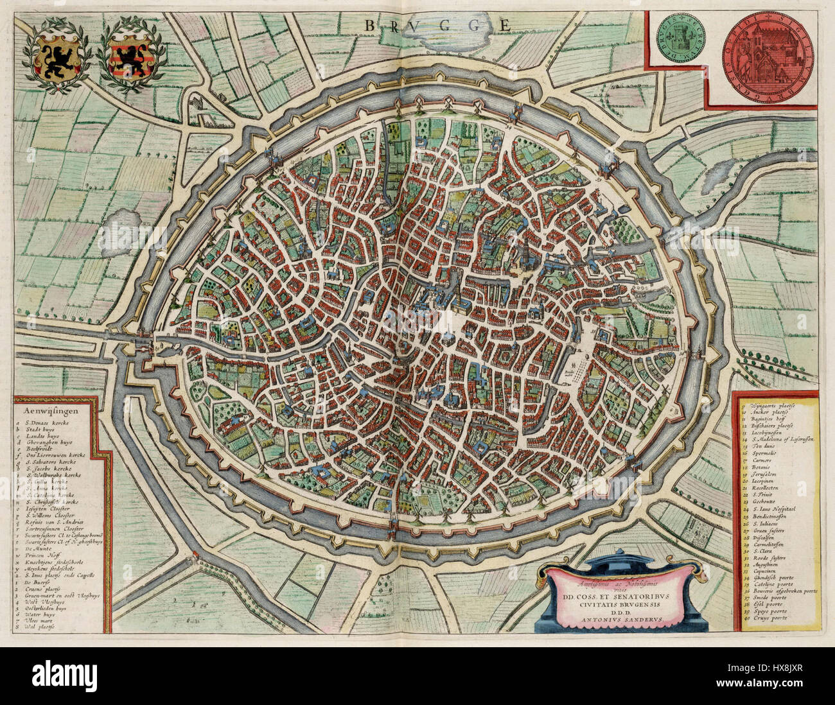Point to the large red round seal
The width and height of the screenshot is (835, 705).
click(768, 52)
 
